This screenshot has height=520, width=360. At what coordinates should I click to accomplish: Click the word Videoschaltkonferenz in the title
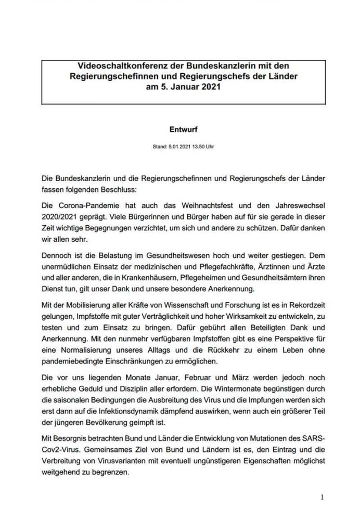pyautogui.click(x=112, y=67)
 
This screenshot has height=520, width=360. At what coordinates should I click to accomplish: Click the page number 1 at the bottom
pyautogui.click(x=323, y=497)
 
